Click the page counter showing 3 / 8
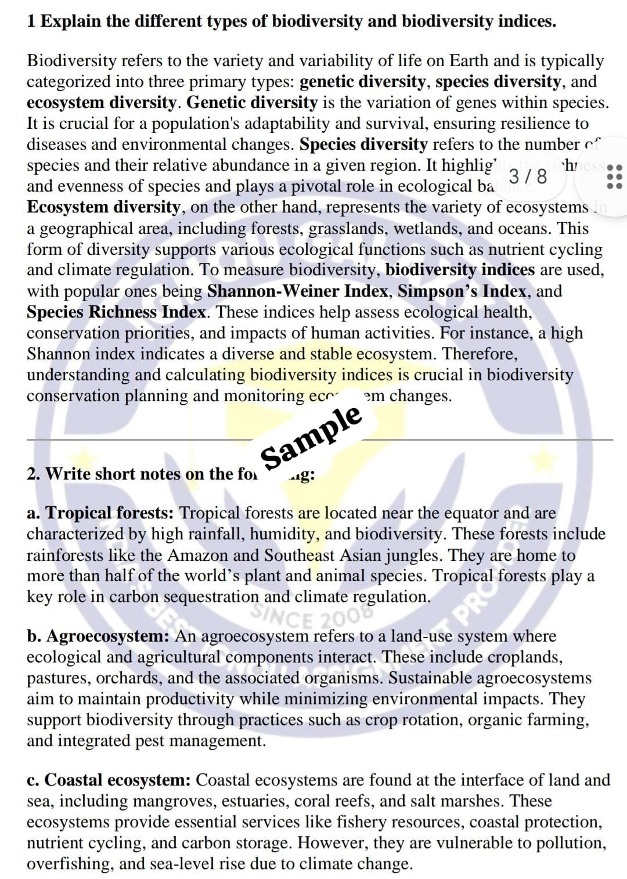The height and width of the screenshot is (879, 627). point(527,176)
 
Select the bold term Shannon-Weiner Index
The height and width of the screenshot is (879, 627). point(297,291)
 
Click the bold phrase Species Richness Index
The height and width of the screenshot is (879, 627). point(116,312)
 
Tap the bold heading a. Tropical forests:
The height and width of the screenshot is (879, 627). point(100,513)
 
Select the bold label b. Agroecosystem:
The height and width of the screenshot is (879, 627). point(98,636)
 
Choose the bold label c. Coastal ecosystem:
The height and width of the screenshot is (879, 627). point(109,780)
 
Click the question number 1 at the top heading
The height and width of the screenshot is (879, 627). point(31,21)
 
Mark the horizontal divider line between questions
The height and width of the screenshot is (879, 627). point(319,440)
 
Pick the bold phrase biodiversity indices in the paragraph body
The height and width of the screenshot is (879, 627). point(460,270)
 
